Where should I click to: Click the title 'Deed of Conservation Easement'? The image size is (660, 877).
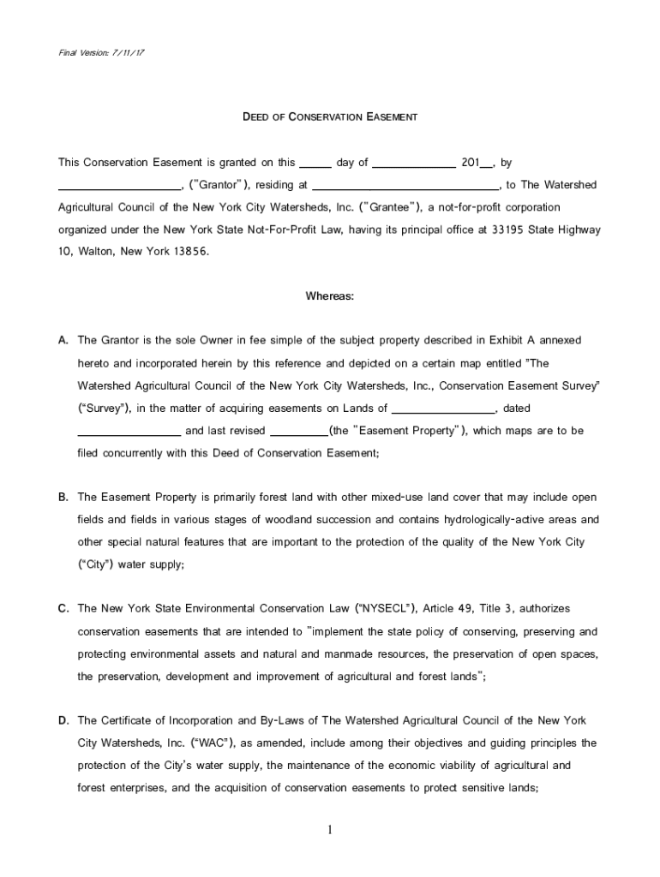click(330, 116)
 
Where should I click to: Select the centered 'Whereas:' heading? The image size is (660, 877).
click(330, 297)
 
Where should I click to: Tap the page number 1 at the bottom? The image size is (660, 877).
click(330, 830)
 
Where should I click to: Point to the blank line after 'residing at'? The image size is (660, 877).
click(405, 186)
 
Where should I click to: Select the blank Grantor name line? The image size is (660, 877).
click(119, 186)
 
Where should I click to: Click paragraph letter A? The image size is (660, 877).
click(63, 341)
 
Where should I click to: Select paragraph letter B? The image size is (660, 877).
click(63, 498)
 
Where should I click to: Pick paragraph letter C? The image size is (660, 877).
click(63, 609)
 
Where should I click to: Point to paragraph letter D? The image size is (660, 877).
click(63, 720)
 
